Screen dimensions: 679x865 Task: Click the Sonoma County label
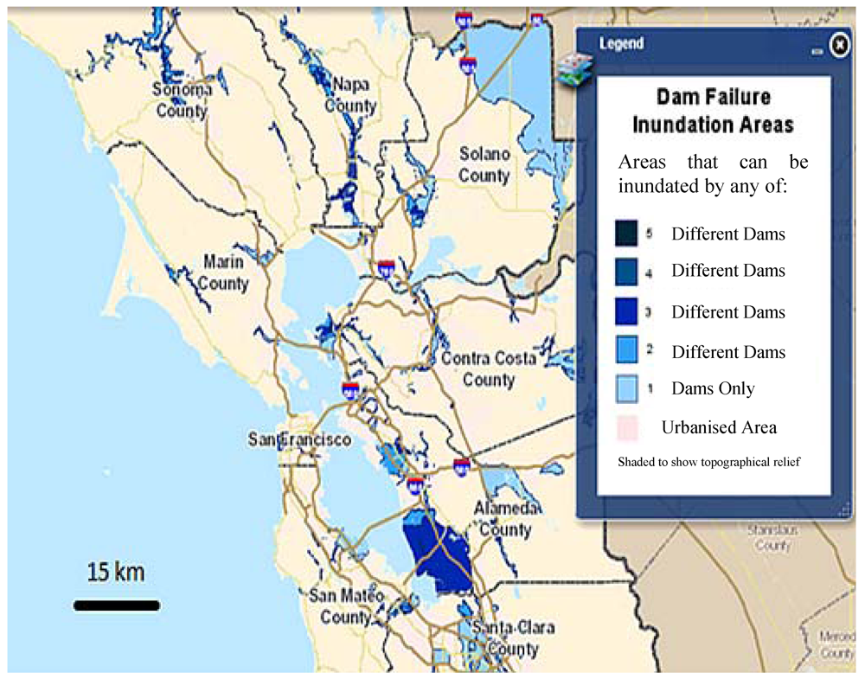[x=182, y=99]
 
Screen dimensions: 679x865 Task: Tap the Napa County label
[x=350, y=95]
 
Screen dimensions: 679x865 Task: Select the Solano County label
[x=484, y=164]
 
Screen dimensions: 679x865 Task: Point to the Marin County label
[x=225, y=272]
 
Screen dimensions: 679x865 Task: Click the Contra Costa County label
[x=490, y=368]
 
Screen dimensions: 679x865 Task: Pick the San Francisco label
[x=299, y=439]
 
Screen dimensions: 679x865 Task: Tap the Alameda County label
[x=507, y=518]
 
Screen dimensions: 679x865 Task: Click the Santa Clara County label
[x=509, y=637]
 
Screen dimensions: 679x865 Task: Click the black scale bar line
[x=116, y=605]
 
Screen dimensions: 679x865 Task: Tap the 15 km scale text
[x=115, y=572]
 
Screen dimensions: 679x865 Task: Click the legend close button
[x=837, y=45]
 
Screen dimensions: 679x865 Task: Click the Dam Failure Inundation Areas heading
[x=713, y=110]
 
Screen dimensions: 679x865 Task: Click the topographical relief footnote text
[x=708, y=462]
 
